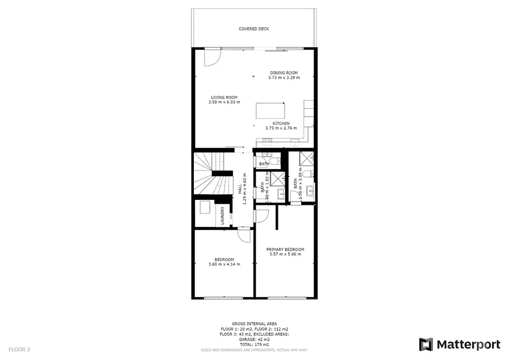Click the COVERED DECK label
(254, 29)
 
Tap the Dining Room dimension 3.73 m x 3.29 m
(284, 78)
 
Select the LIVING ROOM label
(224, 97)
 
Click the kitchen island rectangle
(270, 111)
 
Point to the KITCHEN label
(281, 123)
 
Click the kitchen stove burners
(267, 143)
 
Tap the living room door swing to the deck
(213, 58)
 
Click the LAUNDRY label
(223, 215)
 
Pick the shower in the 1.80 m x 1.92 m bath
(277, 179)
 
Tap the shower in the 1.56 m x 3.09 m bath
(306, 159)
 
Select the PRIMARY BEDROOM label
(285, 250)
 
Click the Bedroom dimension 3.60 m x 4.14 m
(224, 264)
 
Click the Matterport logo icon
(426, 345)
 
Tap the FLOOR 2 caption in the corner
(19, 350)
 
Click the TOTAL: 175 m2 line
(254, 345)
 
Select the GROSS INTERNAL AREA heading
(254, 324)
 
